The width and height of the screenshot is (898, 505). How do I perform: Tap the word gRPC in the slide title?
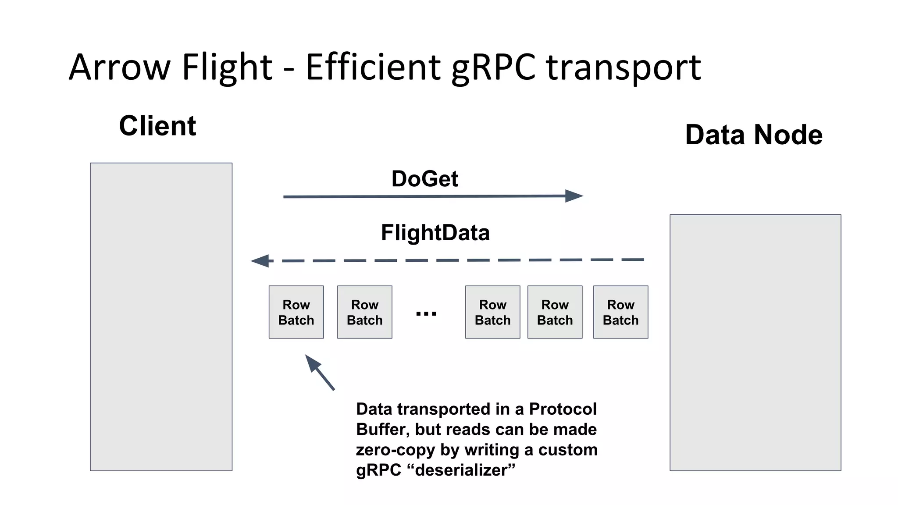[494, 68]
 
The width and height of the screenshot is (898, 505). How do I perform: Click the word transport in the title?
[623, 68]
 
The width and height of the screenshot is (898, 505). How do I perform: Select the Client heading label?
[157, 126]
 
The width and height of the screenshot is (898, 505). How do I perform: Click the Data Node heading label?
[753, 135]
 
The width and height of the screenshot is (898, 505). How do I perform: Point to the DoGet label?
[424, 179]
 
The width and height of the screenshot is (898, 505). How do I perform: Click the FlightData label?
[435, 233]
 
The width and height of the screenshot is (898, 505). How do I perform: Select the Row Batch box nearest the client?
[296, 312]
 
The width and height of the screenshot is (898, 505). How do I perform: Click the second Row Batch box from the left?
[364, 312]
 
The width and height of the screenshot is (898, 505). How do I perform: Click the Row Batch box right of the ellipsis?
[492, 312]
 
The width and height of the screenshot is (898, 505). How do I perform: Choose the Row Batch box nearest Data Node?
[620, 312]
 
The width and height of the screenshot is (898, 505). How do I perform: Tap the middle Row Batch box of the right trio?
[555, 312]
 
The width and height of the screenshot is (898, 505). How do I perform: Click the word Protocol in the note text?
[563, 409]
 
